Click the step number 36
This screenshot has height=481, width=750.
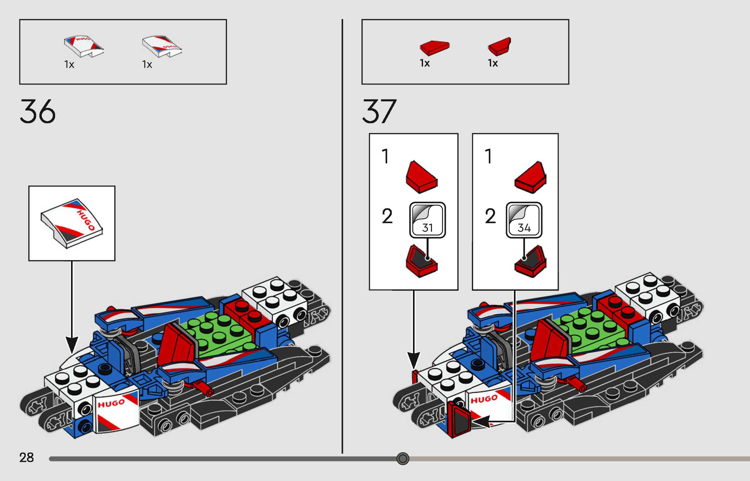click(x=37, y=111)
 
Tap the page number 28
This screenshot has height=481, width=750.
click(x=26, y=458)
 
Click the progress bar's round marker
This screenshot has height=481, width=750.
click(x=403, y=459)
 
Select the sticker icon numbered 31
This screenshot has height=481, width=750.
click(x=427, y=220)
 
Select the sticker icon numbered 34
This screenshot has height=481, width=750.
click(x=524, y=220)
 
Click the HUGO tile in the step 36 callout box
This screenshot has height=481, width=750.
click(x=72, y=223)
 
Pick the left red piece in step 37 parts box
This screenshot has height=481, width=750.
click(x=434, y=48)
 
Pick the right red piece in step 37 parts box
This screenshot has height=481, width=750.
click(x=500, y=47)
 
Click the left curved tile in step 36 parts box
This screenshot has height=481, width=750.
click(x=84, y=46)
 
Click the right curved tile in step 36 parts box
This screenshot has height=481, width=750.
click(x=162, y=46)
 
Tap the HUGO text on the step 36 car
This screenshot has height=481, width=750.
click(x=111, y=404)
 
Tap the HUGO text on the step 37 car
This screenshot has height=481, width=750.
click(x=484, y=400)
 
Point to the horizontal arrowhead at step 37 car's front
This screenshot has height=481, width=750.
click(x=481, y=421)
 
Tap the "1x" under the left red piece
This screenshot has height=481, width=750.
click(x=425, y=63)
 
